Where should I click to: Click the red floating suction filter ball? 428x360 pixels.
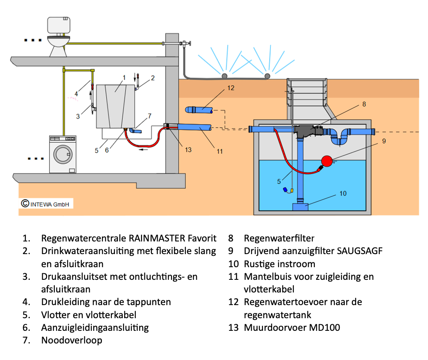pyautogui.click(x=327, y=161)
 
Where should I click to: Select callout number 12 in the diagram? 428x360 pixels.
pyautogui.click(x=231, y=88)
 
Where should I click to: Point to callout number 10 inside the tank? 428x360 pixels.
pyautogui.click(x=343, y=193)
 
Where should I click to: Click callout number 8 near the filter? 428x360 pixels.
pyautogui.click(x=364, y=104)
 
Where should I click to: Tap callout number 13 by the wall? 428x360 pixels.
pyautogui.click(x=188, y=149)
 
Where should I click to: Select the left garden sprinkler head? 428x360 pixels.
pyautogui.click(x=225, y=76)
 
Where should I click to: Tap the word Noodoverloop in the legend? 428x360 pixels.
pyautogui.click(x=72, y=340)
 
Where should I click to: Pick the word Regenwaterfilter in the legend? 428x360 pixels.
pyautogui.click(x=279, y=238)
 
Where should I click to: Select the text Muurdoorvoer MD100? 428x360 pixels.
pyautogui.click(x=292, y=327)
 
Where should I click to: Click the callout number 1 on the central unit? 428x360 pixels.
pyautogui.click(x=124, y=78)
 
